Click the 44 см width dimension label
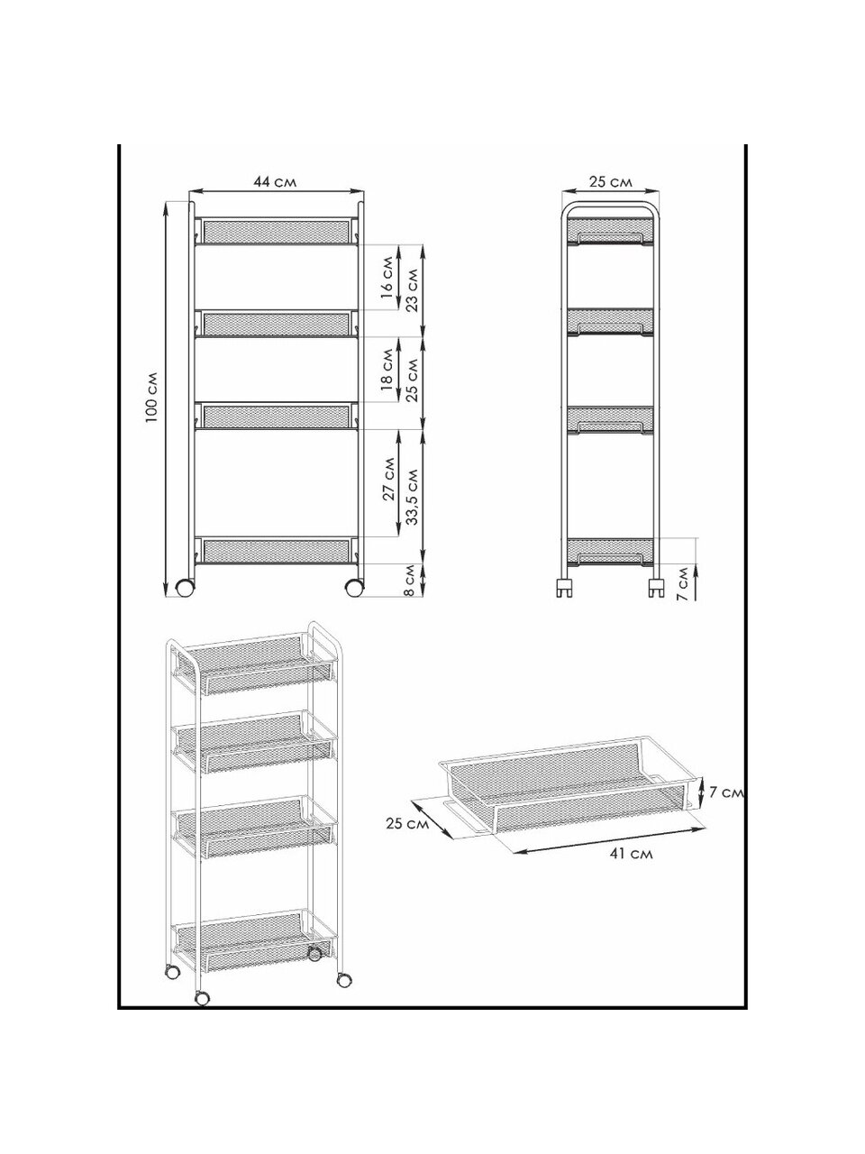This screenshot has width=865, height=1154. point(275,182)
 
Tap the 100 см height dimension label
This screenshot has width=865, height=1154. point(152,398)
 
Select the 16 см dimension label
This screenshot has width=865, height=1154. point(387,277)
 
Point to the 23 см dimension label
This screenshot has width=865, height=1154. point(413,290)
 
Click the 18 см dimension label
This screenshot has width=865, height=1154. point(387,369)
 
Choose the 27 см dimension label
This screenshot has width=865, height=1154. point(388,479)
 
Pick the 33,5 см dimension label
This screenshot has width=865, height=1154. point(413,496)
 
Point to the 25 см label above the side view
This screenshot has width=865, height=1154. point(610,182)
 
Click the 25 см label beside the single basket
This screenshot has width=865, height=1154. point(407,823)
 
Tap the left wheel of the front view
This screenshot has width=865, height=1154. point(185,587)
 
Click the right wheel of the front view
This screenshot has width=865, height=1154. point(354,587)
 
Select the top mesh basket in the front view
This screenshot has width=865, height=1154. point(277,232)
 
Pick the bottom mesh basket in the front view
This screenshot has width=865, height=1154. point(277,550)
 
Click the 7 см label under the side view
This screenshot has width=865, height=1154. point(682,583)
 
